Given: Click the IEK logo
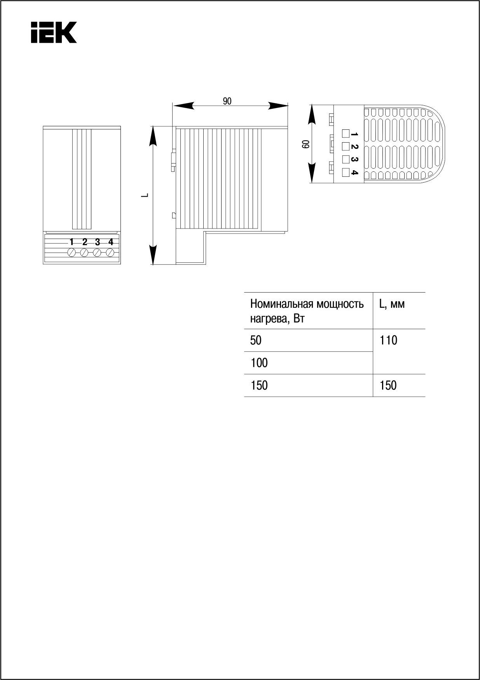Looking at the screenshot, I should click(x=54, y=32).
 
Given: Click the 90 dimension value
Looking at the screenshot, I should click(x=227, y=101).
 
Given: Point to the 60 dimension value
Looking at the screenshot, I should click(x=305, y=144).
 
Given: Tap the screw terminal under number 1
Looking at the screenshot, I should click(x=72, y=253).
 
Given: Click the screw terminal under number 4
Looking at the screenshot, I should click(x=110, y=253).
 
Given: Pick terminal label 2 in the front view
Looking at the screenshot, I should click(x=85, y=242).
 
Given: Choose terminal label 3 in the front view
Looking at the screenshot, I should click(x=98, y=242).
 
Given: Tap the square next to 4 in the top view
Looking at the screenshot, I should click(x=345, y=173).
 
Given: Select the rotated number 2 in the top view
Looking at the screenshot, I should click(x=354, y=147).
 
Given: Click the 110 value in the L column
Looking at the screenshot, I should click(x=389, y=340).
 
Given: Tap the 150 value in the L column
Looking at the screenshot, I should click(x=389, y=385).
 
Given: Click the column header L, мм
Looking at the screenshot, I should click(x=392, y=304).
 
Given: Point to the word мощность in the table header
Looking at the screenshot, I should click(x=340, y=304).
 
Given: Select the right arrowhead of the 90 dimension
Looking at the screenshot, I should click(x=278, y=105).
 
